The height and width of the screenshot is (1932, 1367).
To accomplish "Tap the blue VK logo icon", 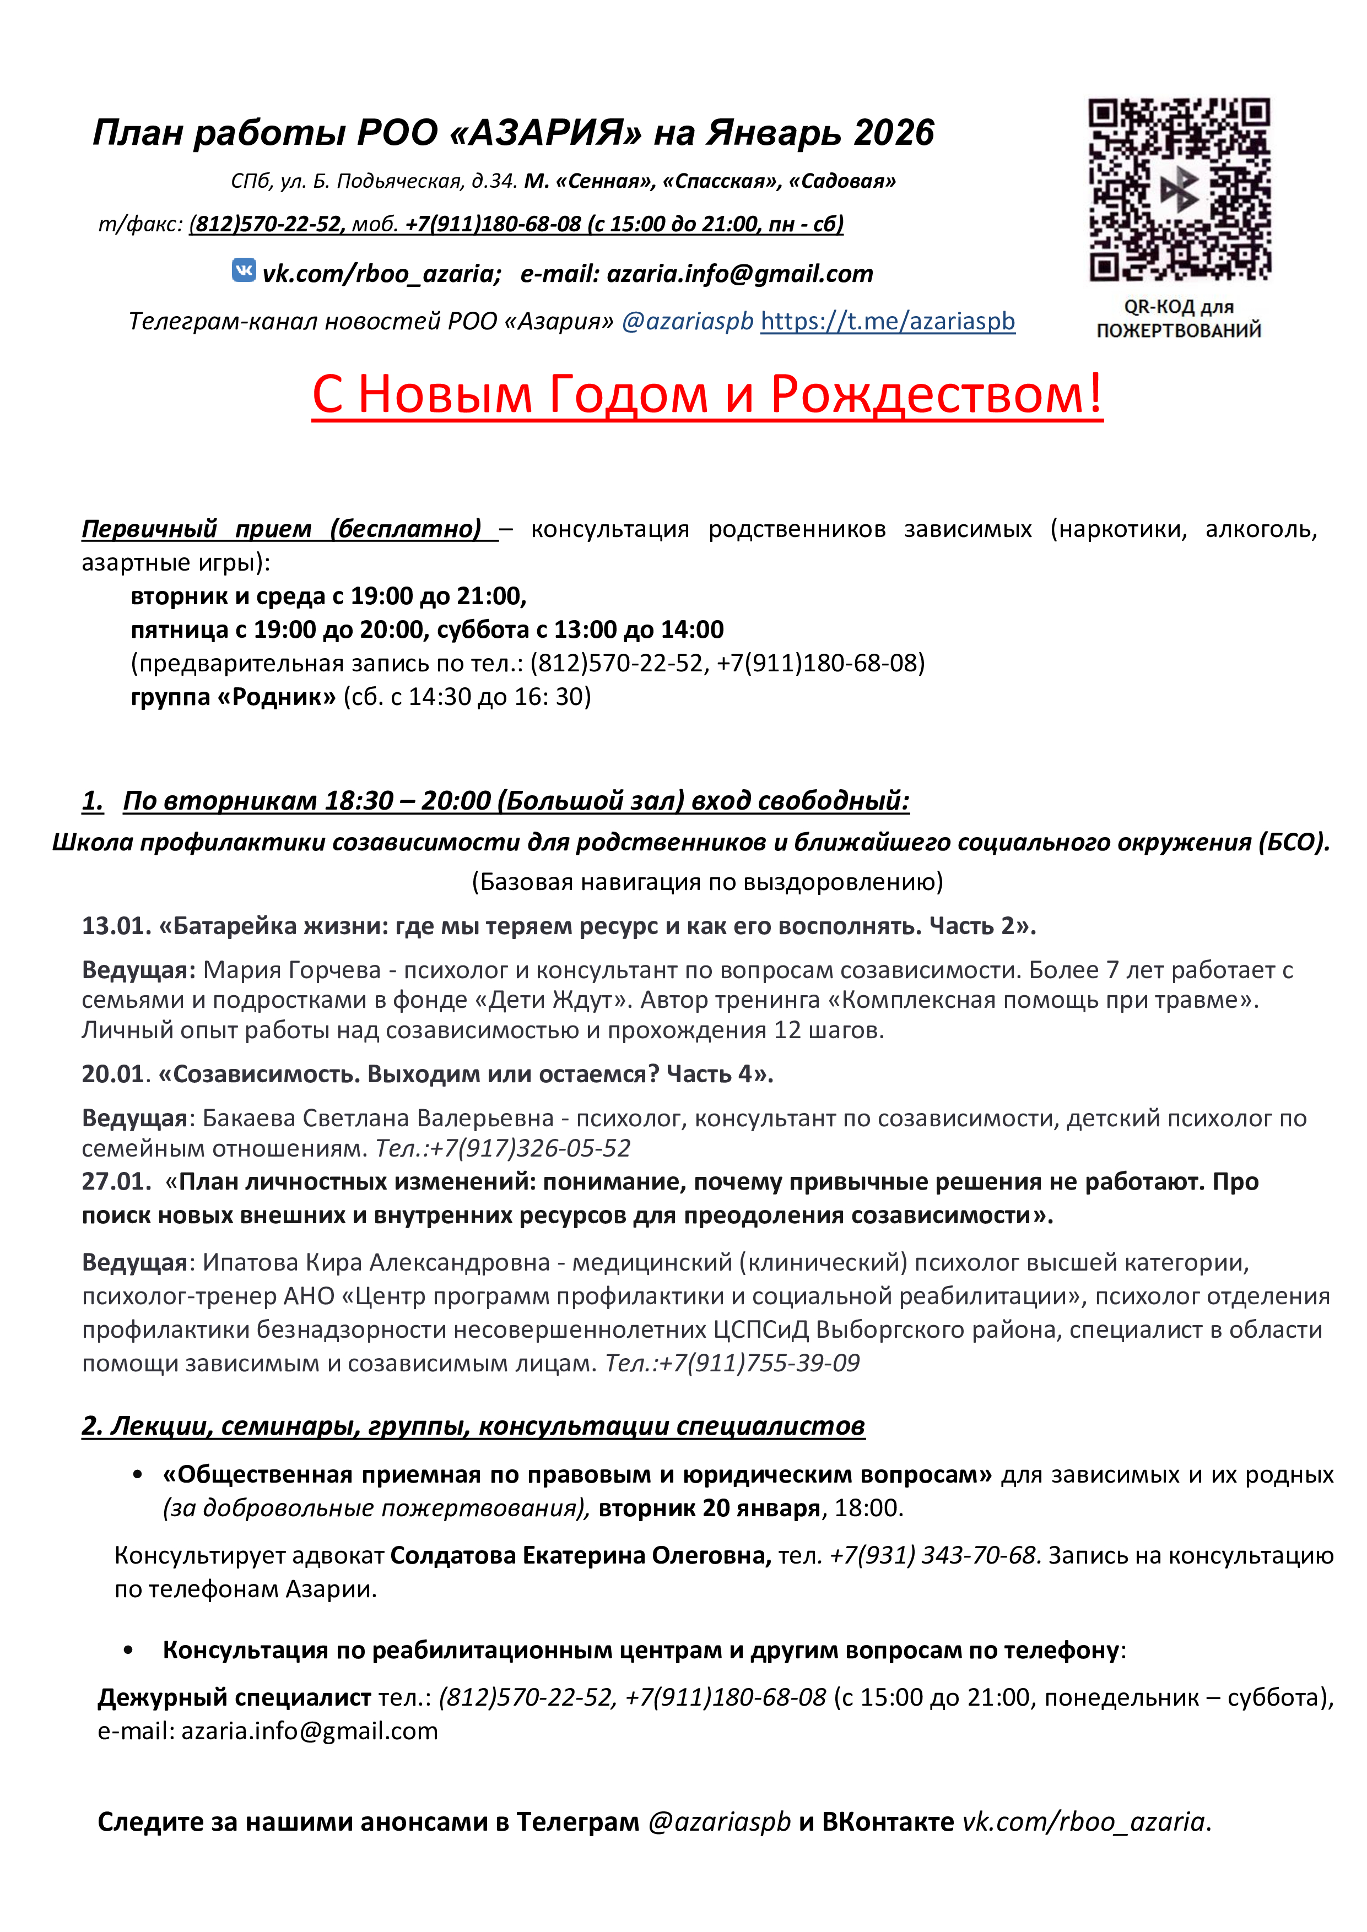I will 244,270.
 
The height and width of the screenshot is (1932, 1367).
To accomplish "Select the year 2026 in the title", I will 893,133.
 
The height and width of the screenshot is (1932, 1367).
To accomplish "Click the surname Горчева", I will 334,970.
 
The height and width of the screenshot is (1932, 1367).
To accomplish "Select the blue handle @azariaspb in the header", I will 687,322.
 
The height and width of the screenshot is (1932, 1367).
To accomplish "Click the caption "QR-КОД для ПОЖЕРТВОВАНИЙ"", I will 1179,318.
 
